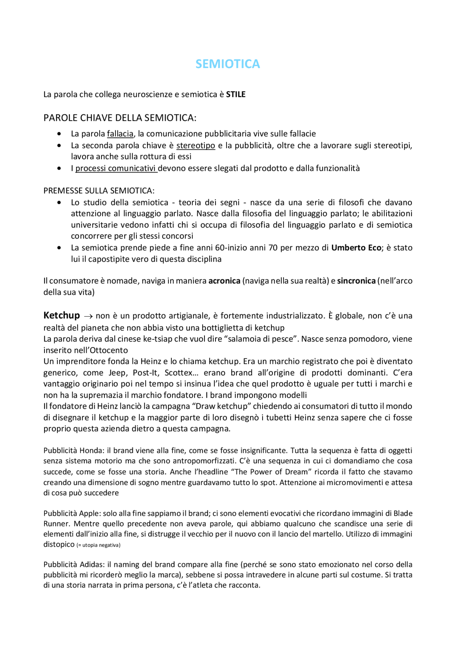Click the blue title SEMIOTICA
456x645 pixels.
pyautogui.click(x=228, y=64)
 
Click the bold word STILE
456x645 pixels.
pyautogui.click(x=235, y=94)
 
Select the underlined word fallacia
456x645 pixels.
pyautogui.click(x=120, y=134)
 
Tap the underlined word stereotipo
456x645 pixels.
pyautogui.click(x=196, y=146)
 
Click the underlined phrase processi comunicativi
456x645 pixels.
pyautogui.click(x=116, y=168)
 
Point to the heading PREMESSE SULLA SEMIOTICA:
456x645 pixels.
pyautogui.click(x=99, y=191)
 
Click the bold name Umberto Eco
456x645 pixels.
pyautogui.click(x=356, y=248)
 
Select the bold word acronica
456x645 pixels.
pyautogui.click(x=224, y=281)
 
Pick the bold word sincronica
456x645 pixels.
pyautogui.click(x=356, y=281)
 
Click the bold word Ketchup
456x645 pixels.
pyautogui.click(x=62, y=316)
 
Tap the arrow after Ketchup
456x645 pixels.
pyautogui.click(x=87, y=316)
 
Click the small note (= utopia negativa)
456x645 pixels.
pyautogui.click(x=98, y=545)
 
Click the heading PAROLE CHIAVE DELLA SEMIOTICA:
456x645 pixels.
pyautogui.click(x=120, y=118)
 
